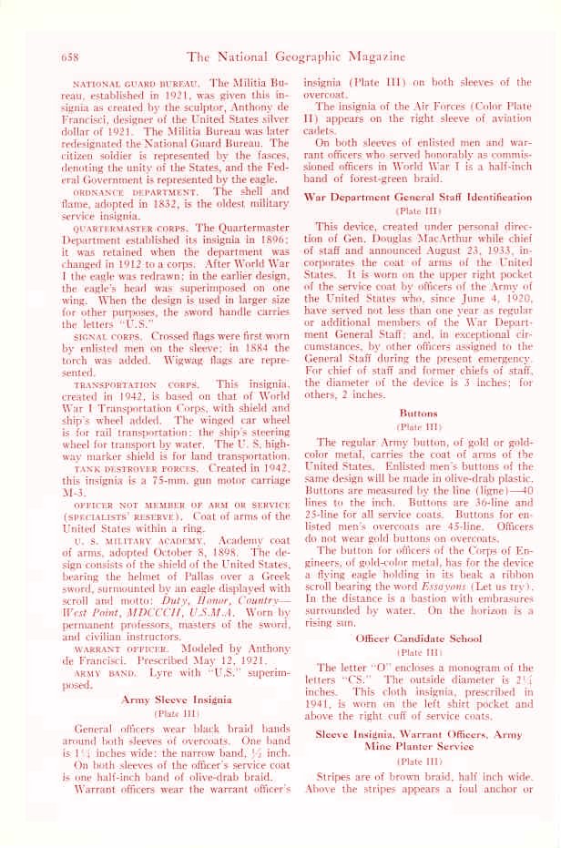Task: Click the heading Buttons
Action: [418, 413]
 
